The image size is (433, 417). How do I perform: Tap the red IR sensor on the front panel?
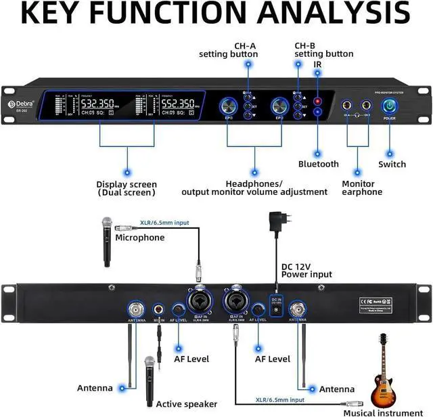click(x=317, y=101)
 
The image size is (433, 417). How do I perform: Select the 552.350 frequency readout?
click(x=178, y=104)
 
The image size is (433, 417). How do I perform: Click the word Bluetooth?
click(x=318, y=164)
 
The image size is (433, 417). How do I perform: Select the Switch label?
click(x=392, y=164)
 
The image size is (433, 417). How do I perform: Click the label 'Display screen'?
click(x=127, y=184)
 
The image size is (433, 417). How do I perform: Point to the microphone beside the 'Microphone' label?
click(x=106, y=240)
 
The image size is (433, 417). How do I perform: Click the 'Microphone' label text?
click(x=139, y=238)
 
